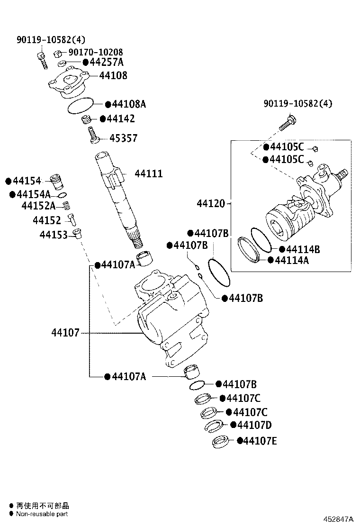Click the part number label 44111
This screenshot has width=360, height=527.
click(148, 174)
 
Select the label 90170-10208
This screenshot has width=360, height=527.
click(96, 52)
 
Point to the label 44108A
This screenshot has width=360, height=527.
click(129, 104)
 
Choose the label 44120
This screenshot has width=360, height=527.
click(211, 204)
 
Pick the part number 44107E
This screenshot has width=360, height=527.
click(260, 441)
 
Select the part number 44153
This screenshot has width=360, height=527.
click(54, 235)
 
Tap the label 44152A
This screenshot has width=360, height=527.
click(38, 205)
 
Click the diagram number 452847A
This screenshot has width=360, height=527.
click(339, 519)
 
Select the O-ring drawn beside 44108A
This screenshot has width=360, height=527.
click(80, 107)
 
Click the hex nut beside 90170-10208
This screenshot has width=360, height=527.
click(57, 53)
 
